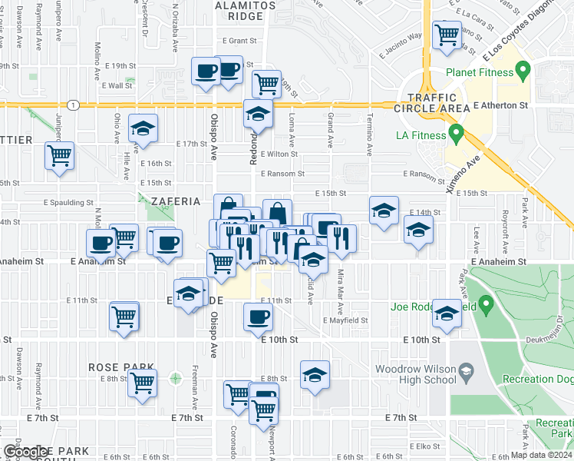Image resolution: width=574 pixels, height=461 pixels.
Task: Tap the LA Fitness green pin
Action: tap(456, 135)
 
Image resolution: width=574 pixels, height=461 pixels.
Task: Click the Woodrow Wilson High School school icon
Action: tap(465, 373)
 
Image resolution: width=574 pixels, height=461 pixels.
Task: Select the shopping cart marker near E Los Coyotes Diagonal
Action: tap(446, 34)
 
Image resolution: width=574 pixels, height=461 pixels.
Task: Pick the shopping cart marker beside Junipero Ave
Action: tap(59, 156)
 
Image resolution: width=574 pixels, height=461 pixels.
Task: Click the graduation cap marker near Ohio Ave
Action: tap(143, 130)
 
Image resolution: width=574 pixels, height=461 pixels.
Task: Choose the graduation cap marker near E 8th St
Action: tap(315, 375)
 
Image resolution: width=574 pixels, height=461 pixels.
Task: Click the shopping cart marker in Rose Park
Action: tap(143, 380)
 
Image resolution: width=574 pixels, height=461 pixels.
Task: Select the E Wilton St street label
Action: tap(278, 154)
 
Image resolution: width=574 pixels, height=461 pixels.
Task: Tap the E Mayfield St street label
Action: tap(345, 320)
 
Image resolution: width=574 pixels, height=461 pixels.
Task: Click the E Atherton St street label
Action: tap(501, 104)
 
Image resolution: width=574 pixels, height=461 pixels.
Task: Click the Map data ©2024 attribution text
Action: tap(541, 455)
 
